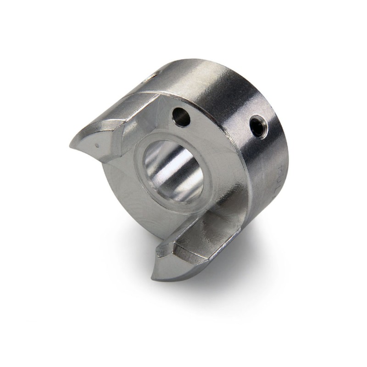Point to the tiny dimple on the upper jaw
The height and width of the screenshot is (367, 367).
(96, 146)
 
